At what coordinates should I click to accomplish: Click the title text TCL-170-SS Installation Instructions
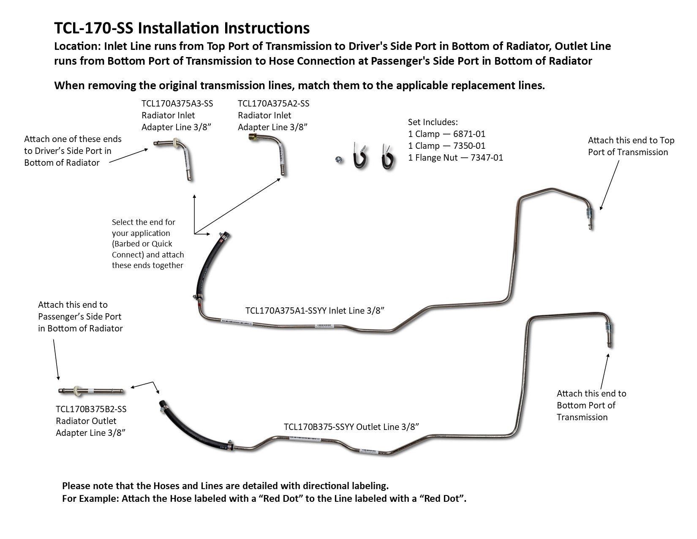[x=182, y=28]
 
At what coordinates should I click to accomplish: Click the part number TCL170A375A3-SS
[x=177, y=104]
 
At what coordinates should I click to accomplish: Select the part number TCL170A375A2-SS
[x=273, y=104]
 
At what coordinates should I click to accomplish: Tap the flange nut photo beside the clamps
[x=339, y=160]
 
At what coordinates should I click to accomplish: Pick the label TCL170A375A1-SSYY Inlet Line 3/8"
[x=315, y=311]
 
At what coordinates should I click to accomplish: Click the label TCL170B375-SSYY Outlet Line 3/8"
[x=351, y=427]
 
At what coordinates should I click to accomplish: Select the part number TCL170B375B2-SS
[x=91, y=409]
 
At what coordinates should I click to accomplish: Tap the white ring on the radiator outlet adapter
[x=77, y=390]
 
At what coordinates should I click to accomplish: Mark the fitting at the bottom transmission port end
[x=608, y=327]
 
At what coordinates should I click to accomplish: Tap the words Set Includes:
[x=433, y=122]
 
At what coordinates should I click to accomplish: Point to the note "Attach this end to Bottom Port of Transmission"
[x=591, y=405]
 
